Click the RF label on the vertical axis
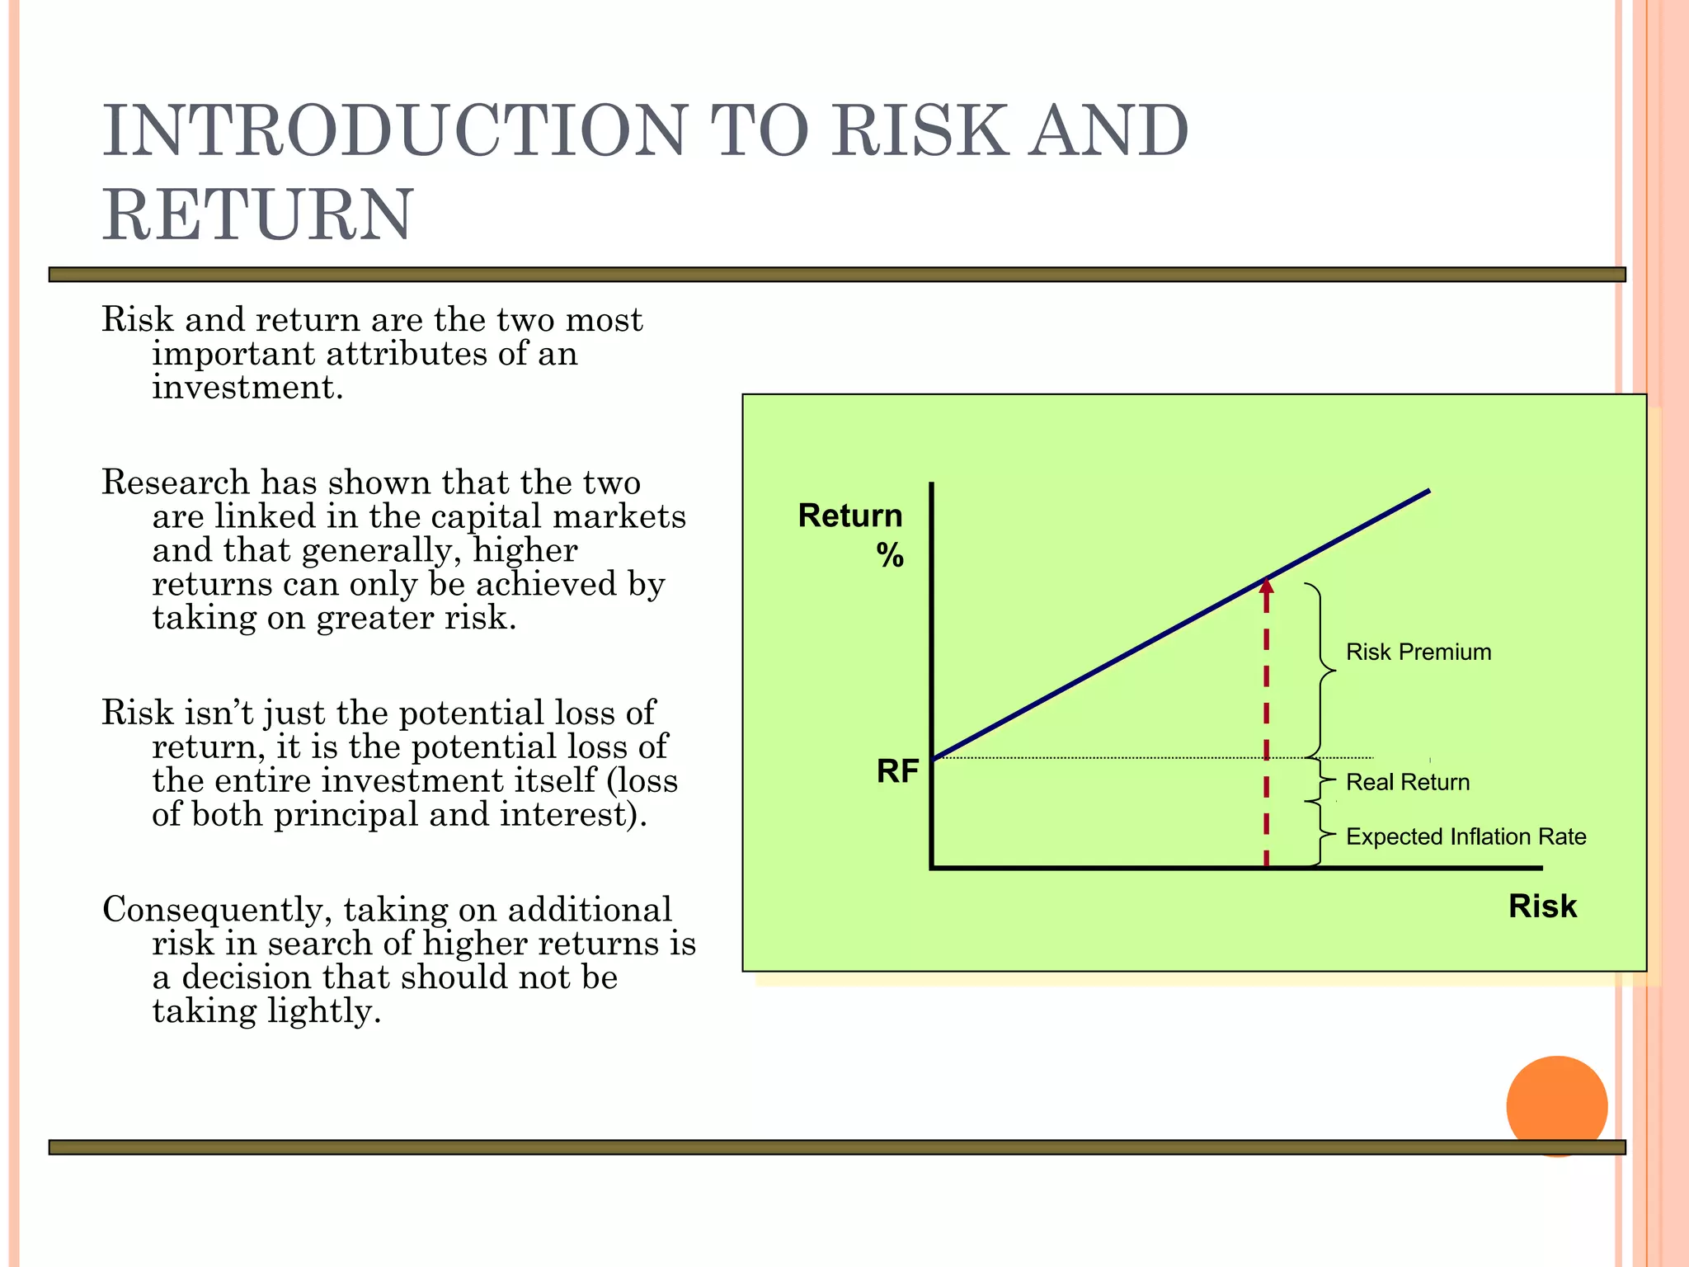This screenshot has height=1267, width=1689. point(897,771)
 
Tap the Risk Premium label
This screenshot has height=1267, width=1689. point(1418,652)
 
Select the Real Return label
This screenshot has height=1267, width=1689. point(1408,782)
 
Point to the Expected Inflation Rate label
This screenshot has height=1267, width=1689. point(1466,836)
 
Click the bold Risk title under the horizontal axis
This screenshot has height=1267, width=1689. point(1542,906)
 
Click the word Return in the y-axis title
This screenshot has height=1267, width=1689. point(850,516)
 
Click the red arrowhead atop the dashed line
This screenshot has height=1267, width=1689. point(1267,586)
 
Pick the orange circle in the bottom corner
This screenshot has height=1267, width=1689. point(1556,1105)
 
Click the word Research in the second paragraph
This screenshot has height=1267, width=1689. point(175,483)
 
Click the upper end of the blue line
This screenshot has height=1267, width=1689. point(1427,492)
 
